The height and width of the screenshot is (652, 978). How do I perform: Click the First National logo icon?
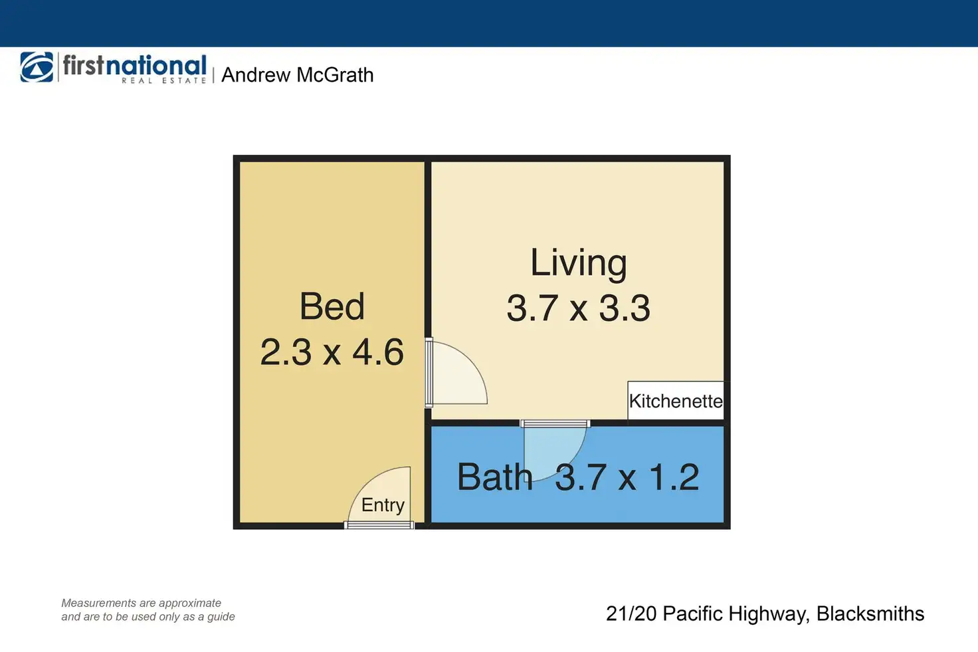click(x=37, y=67)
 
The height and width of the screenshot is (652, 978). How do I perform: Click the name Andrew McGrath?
click(x=298, y=75)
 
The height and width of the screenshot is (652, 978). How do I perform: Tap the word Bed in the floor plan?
click(x=332, y=306)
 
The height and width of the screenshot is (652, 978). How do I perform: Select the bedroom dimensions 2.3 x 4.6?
click(x=332, y=352)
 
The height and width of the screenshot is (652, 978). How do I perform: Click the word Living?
click(x=579, y=263)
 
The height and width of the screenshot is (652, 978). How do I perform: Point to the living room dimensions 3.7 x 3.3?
click(x=579, y=308)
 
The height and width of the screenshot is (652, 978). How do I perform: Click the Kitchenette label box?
click(x=676, y=401)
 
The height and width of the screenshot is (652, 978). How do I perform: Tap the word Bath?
click(x=495, y=477)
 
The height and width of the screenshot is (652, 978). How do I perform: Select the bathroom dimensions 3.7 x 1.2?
click(x=627, y=477)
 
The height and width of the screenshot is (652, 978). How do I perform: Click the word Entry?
click(x=383, y=505)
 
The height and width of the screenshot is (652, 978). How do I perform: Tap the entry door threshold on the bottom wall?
click(x=379, y=525)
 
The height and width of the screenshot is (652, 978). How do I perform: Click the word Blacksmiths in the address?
click(x=870, y=613)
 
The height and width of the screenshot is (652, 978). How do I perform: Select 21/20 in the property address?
click(x=631, y=613)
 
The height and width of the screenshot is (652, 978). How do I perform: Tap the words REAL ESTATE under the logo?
click(x=163, y=80)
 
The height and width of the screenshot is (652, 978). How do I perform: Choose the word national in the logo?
click(x=156, y=66)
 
